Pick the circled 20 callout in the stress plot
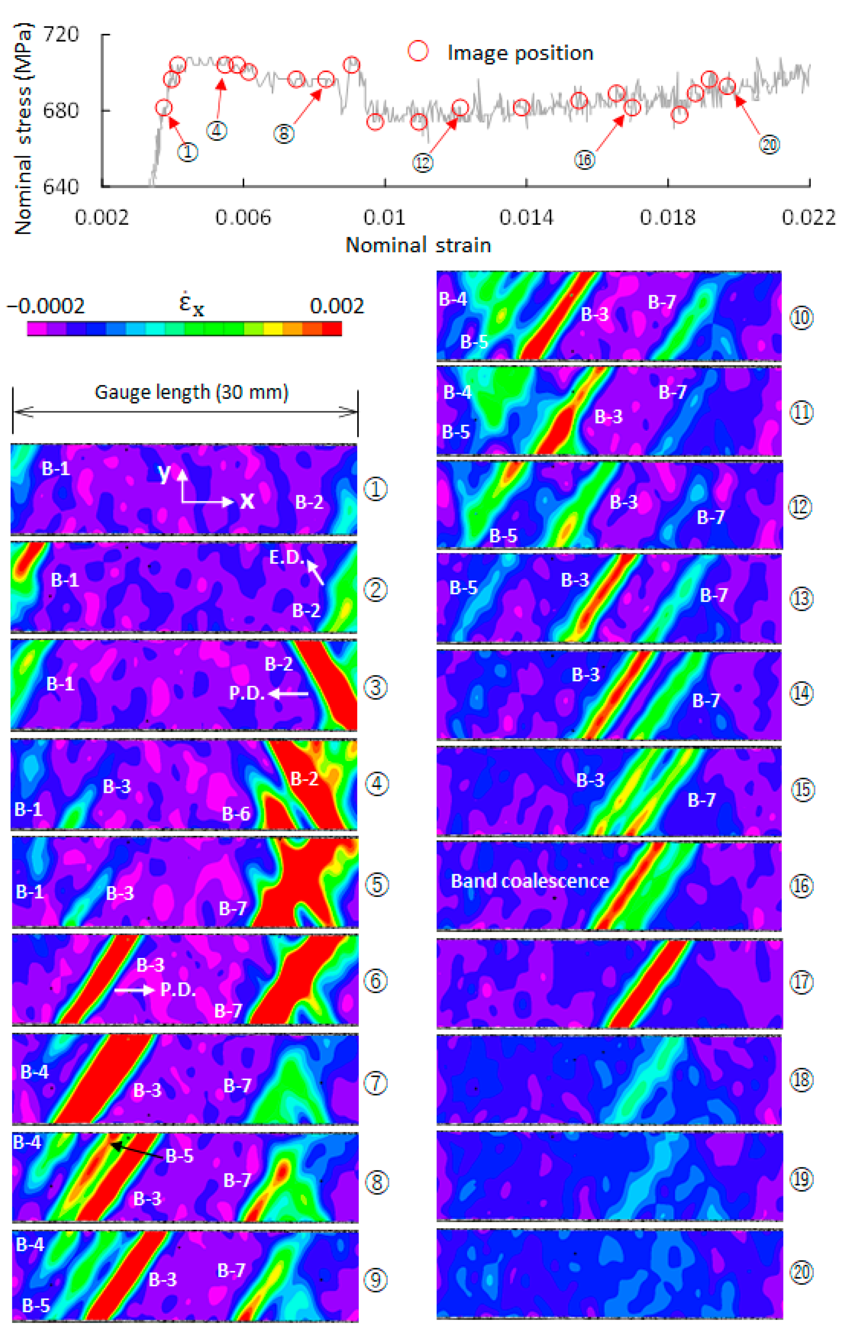769,145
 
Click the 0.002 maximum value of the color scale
337,306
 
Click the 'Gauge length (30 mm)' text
191,393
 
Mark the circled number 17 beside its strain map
801,982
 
